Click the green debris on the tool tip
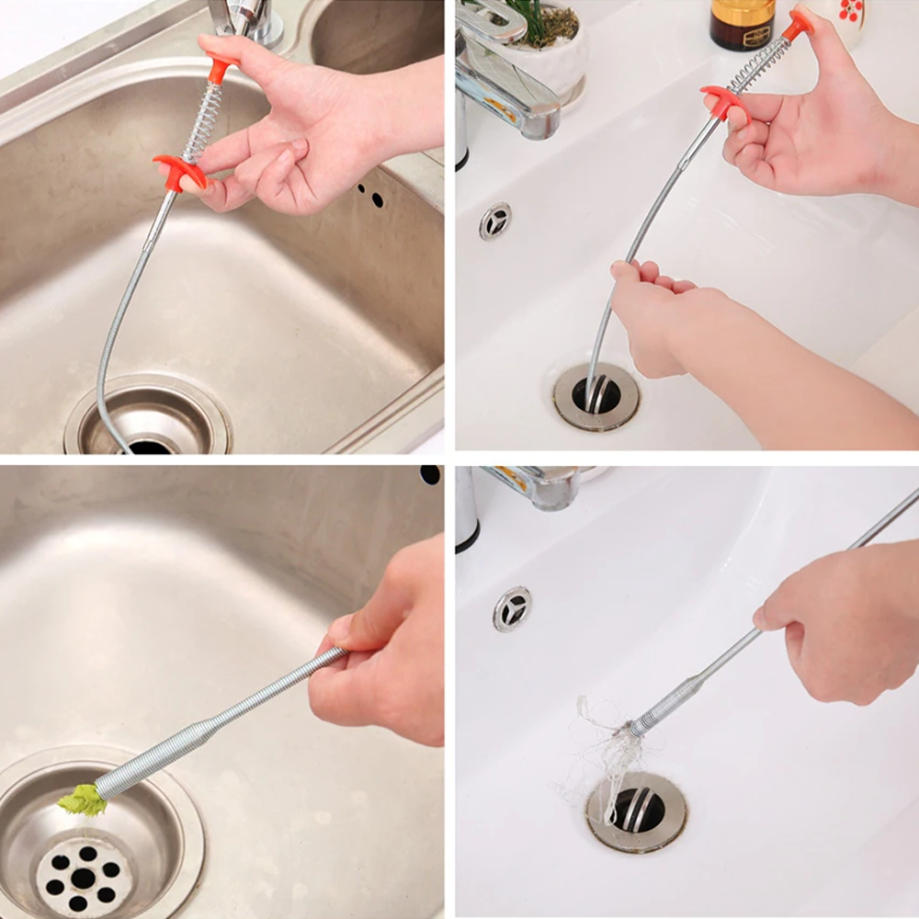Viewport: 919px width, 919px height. coord(83,800)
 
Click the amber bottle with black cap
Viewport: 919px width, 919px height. coord(742,24)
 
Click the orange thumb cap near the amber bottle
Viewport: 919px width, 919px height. coord(799,22)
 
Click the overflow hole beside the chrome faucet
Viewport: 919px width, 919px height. coord(495,221)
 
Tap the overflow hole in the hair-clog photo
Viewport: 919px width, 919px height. coord(512,608)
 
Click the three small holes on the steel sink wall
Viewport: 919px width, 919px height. coord(371,195)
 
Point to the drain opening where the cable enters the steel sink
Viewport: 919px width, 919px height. coord(149,446)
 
